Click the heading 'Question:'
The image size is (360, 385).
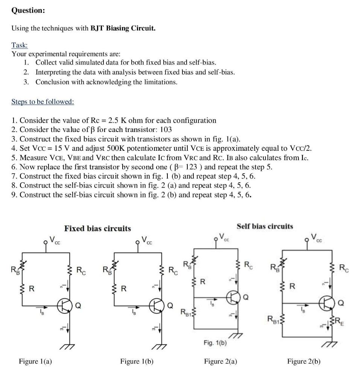[28, 11]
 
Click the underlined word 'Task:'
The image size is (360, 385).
[20, 45]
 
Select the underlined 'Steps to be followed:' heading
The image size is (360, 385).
[43, 102]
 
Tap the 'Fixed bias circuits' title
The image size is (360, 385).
[98, 228]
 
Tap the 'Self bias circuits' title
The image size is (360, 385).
[265, 226]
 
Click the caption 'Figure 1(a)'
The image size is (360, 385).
[36, 361]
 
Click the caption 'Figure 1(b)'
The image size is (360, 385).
[137, 361]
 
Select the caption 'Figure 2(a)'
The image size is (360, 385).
[221, 361]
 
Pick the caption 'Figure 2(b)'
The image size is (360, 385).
[304, 361]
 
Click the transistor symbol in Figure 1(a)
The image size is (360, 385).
[64, 307]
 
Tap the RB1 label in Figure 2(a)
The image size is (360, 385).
[187, 312]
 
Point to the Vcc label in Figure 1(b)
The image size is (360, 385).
[146, 240]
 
